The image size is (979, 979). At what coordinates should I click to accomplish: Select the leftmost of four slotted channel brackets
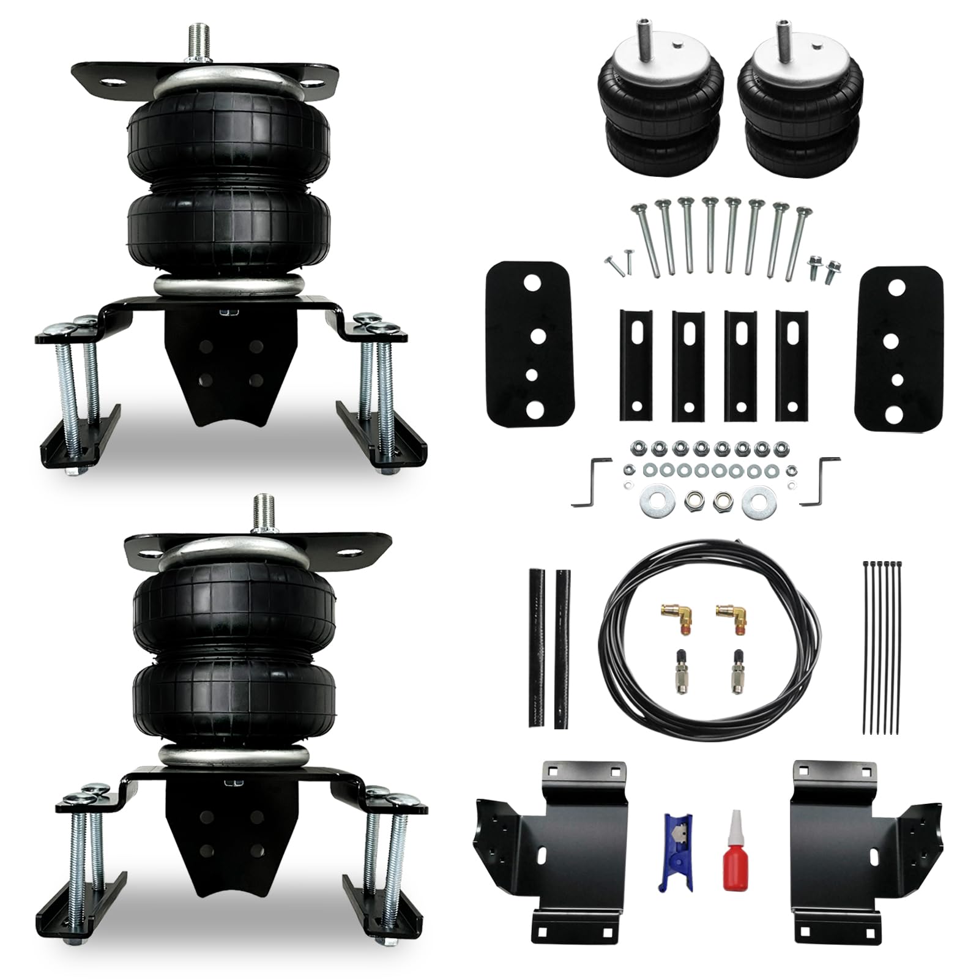(x=636, y=365)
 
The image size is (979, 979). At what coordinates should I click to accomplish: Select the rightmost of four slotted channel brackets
(x=791, y=365)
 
